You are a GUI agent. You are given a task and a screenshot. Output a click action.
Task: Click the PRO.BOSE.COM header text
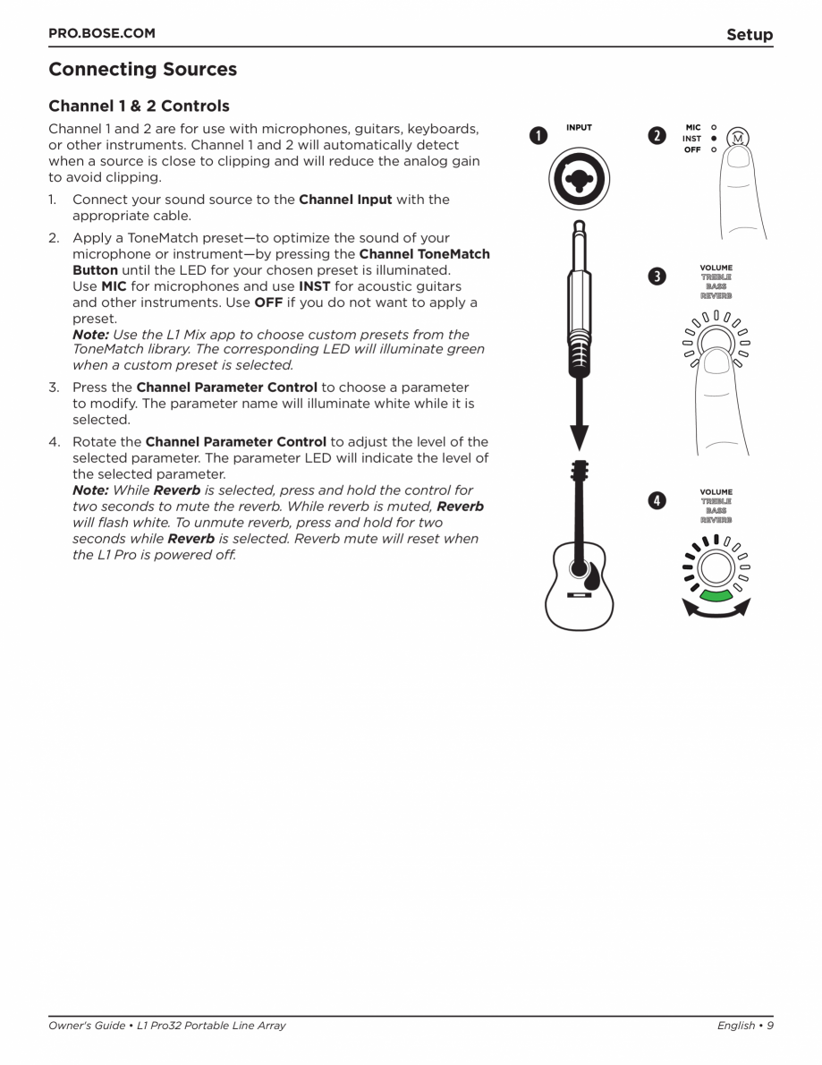click(x=101, y=34)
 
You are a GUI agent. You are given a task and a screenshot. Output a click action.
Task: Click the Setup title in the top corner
click(x=749, y=35)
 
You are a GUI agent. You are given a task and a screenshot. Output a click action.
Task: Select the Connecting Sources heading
click(x=142, y=69)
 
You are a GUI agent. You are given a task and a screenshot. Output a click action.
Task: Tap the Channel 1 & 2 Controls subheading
click(x=139, y=106)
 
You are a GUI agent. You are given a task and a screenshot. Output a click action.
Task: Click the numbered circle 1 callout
click(x=536, y=136)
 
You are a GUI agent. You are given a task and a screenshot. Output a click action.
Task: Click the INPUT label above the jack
click(x=579, y=128)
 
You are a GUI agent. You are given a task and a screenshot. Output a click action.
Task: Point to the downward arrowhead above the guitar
click(x=580, y=434)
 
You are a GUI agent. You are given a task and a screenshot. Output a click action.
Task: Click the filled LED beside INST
click(x=713, y=139)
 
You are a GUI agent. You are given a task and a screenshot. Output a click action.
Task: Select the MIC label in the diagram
click(x=692, y=128)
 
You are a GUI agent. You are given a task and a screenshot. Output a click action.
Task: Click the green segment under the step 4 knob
click(x=716, y=594)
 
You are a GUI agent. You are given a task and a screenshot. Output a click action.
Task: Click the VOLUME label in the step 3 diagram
click(x=716, y=268)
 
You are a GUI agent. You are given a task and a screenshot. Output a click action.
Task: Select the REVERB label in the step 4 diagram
click(x=716, y=519)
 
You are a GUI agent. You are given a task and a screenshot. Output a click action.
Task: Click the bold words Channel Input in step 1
click(x=344, y=200)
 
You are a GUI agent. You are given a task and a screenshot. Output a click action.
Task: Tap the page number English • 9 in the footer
click(x=744, y=1026)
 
